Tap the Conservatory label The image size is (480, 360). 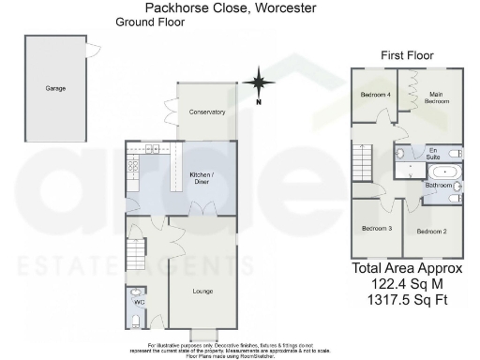click(x=207, y=112)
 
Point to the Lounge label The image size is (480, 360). click(x=203, y=292)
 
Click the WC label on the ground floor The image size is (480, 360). click(x=138, y=303)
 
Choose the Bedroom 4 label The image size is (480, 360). click(x=375, y=95)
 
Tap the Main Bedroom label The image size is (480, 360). click(x=435, y=97)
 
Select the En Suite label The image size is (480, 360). click(x=434, y=153)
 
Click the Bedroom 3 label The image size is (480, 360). click(x=377, y=228)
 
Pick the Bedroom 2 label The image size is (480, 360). click(x=432, y=231)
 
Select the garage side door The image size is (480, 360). click(x=91, y=49)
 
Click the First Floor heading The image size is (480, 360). click(x=406, y=56)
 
